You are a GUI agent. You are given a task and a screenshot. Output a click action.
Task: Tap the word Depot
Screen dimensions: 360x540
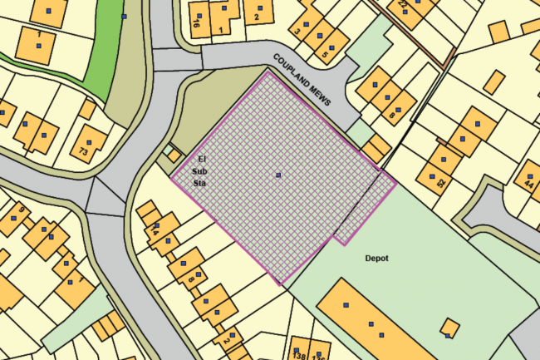[x=376, y=258]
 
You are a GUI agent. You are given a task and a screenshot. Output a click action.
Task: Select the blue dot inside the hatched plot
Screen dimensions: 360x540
[x=278, y=175]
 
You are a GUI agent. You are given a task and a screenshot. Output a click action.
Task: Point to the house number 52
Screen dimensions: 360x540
[x=440, y=182]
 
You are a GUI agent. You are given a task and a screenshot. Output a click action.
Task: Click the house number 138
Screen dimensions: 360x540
[x=297, y=355]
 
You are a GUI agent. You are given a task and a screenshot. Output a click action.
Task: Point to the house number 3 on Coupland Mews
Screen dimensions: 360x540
[x=297, y=32]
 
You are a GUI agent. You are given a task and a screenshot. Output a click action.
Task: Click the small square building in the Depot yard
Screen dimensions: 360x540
[x=449, y=327]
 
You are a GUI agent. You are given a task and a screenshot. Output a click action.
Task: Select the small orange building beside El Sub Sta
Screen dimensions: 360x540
[x=173, y=154]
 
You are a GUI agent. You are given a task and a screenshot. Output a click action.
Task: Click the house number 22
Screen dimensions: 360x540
[x=403, y=5]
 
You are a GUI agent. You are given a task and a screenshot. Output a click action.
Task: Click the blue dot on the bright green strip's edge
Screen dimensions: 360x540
[x=124, y=16]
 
